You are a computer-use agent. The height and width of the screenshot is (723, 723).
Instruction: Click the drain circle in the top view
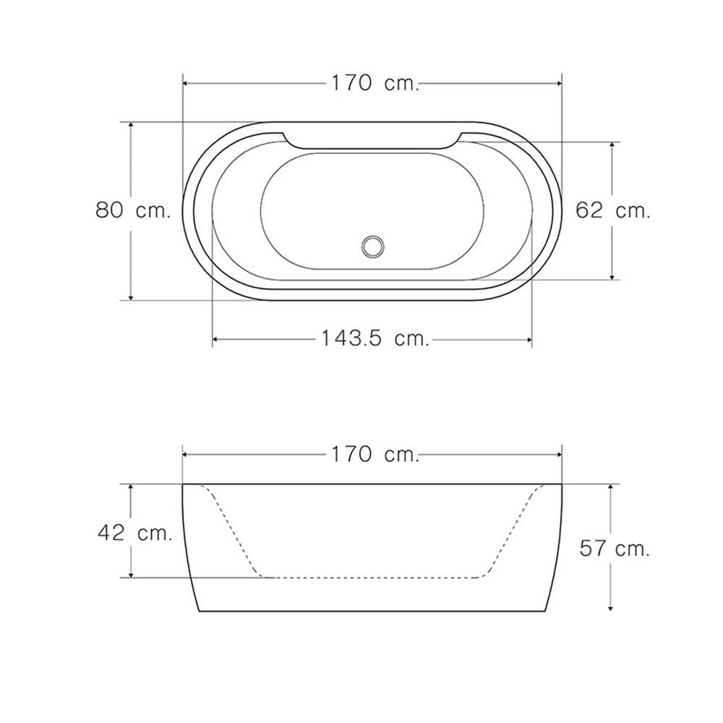click(372, 247)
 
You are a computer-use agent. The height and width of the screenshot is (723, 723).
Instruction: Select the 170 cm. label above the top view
click(375, 83)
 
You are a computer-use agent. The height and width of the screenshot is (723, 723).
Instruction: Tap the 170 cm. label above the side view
click(375, 455)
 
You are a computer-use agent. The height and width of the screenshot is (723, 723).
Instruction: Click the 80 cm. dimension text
click(133, 210)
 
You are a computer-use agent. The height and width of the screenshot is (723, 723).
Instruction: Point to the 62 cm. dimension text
click(613, 210)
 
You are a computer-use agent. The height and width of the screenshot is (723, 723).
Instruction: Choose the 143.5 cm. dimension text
click(375, 338)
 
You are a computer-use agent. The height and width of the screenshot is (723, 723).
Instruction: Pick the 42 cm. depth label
click(134, 534)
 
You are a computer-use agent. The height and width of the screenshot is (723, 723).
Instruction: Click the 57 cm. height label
click(614, 549)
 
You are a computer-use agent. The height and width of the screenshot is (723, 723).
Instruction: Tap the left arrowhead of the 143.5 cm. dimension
click(215, 340)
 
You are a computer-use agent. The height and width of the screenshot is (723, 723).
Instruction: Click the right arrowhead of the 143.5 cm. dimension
click(529, 340)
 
